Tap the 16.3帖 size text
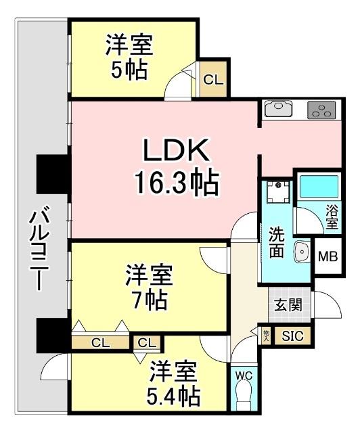[175, 183]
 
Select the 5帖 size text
[129, 70]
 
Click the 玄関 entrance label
[284, 303]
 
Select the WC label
[243, 374]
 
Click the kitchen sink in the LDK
[277, 108]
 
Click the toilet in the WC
[243, 395]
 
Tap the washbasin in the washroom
[302, 252]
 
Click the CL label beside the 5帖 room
[212, 79]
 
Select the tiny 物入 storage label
[266, 335]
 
